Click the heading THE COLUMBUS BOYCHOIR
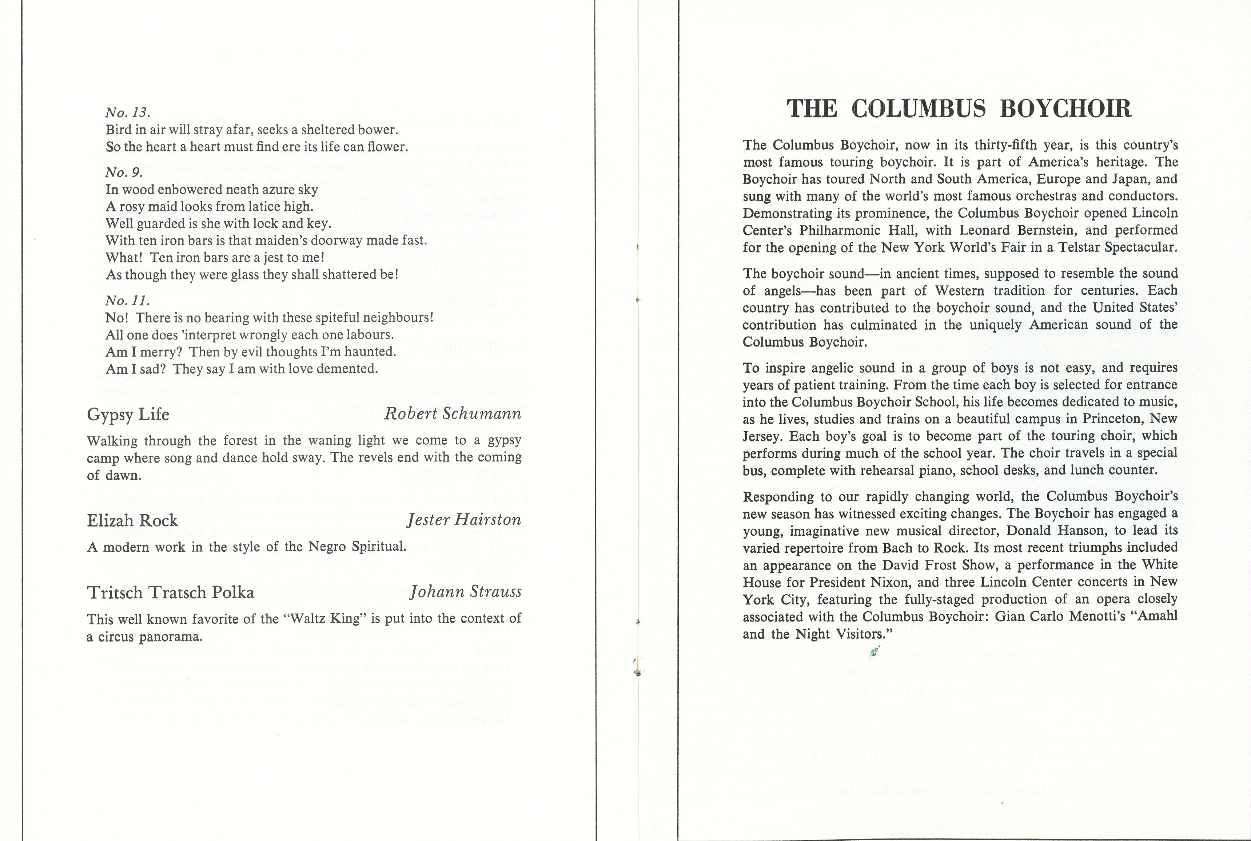point(959,109)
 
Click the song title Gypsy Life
point(128,414)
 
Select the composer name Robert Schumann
point(453,413)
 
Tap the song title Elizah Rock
point(132,521)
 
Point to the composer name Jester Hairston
point(464,520)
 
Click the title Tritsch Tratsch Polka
point(171,593)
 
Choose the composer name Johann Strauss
point(465,592)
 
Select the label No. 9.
point(124,173)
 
